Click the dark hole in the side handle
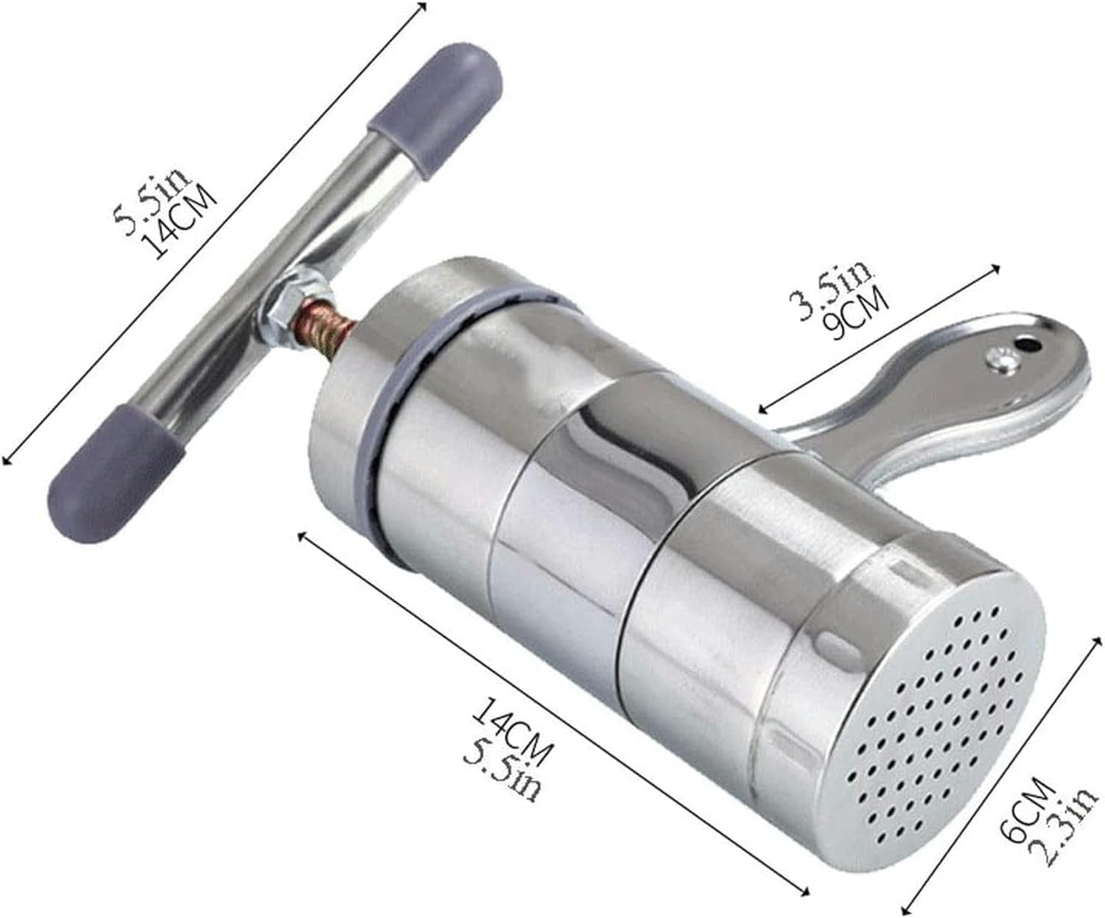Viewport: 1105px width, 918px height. coord(1025,343)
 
